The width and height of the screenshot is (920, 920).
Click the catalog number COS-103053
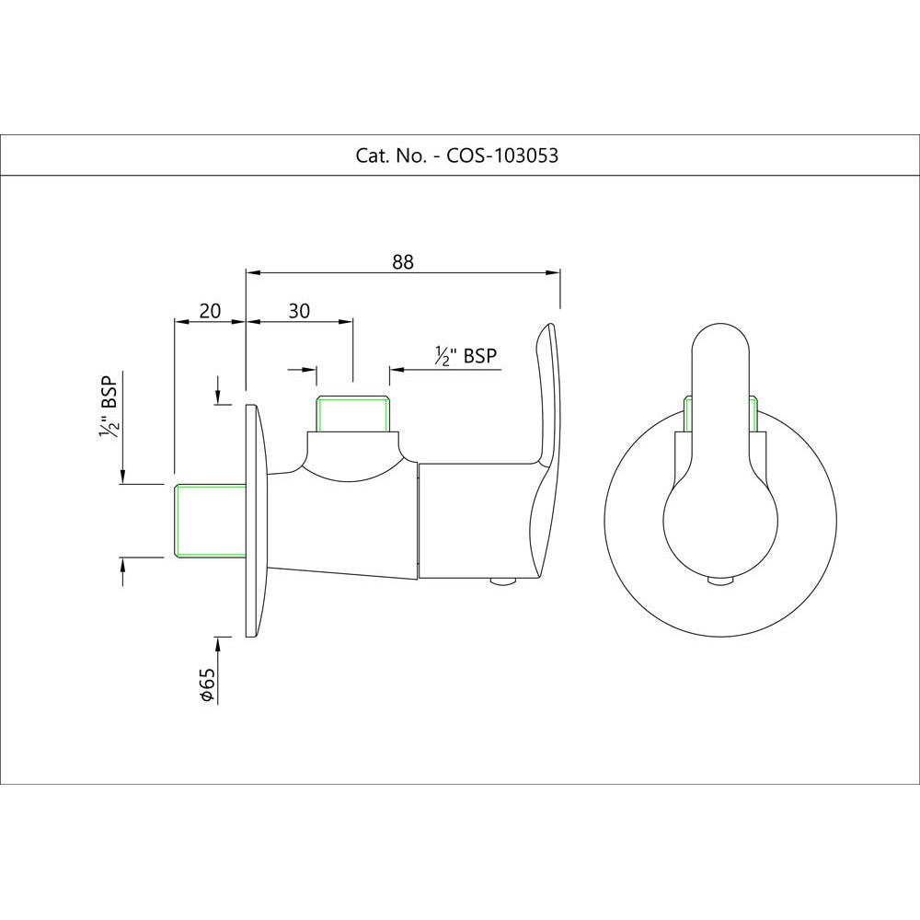(x=502, y=155)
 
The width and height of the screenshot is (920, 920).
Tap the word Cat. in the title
(x=372, y=155)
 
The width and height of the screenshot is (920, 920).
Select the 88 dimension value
(x=403, y=261)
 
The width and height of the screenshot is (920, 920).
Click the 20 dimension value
(x=210, y=310)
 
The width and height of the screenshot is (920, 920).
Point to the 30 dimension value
(x=298, y=310)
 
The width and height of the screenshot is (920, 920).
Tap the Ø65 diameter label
(x=208, y=685)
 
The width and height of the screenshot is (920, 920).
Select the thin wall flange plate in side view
(x=251, y=520)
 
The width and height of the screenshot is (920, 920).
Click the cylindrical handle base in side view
(x=469, y=521)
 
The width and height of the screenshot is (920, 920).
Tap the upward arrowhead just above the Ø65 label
(x=218, y=641)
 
